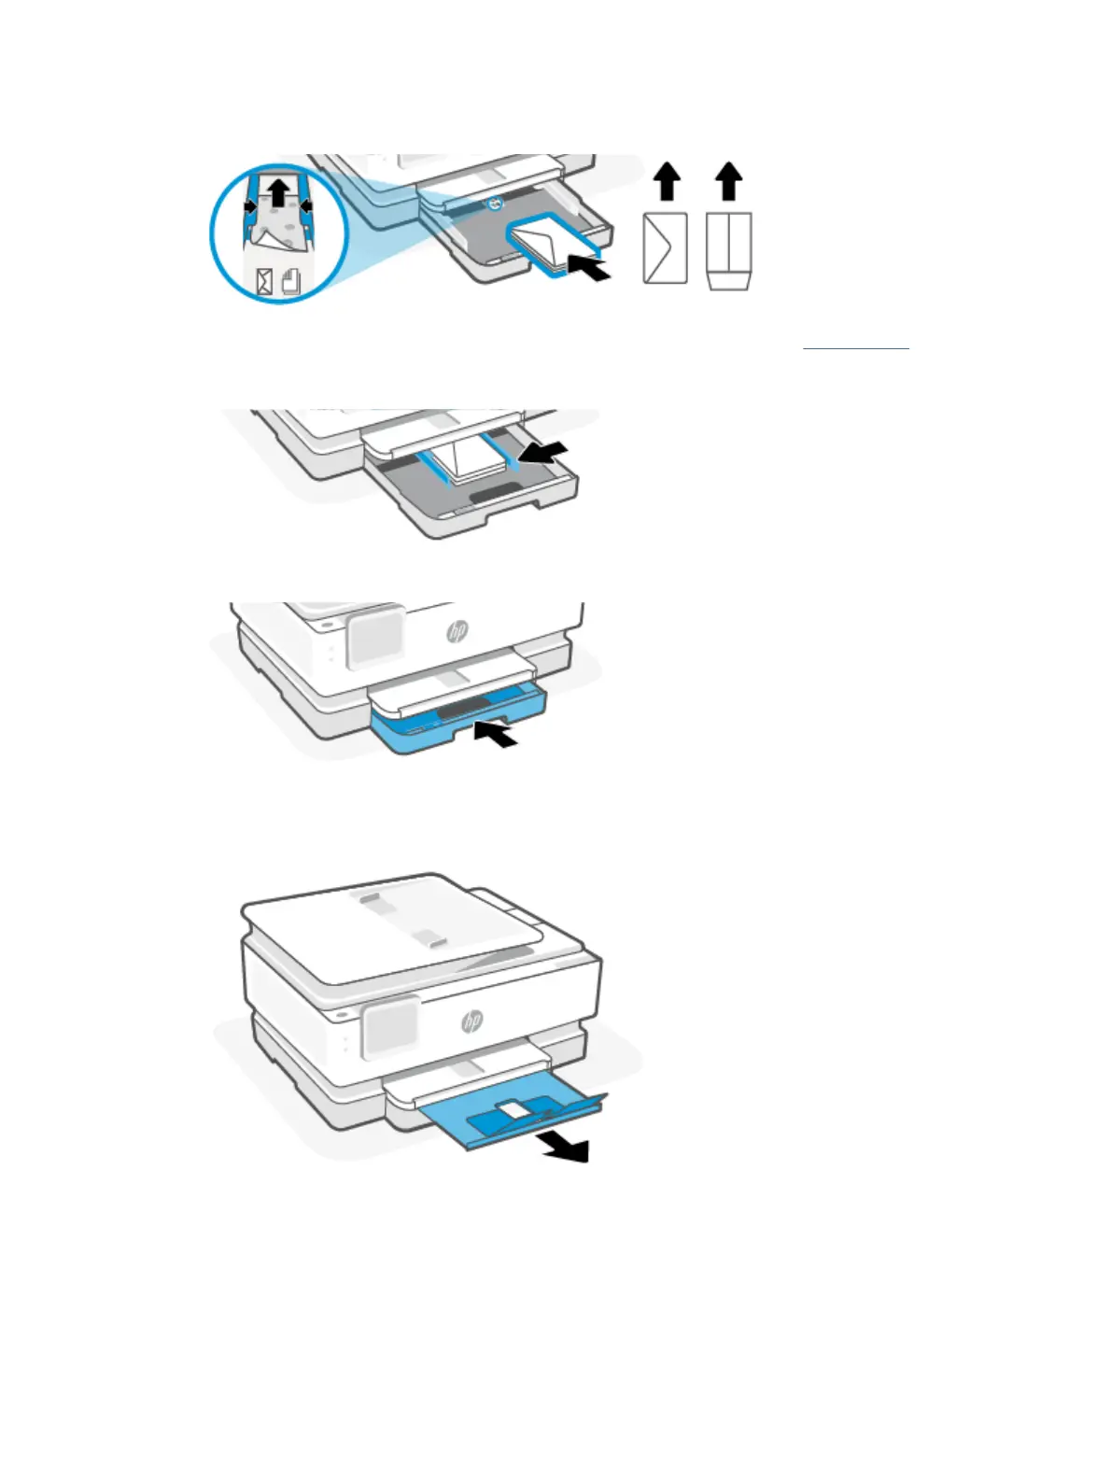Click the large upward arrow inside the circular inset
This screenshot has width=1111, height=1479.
279,190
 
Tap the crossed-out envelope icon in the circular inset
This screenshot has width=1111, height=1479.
265,282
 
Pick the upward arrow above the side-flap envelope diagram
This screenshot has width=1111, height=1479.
667,181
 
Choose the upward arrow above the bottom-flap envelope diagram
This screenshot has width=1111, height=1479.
728,181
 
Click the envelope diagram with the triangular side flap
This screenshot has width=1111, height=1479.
666,248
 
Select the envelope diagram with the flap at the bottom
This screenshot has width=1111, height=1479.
729,250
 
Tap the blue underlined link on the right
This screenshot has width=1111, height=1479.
855,348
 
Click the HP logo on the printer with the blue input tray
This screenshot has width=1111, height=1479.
457,631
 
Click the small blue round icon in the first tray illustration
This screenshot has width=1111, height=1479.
495,203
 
